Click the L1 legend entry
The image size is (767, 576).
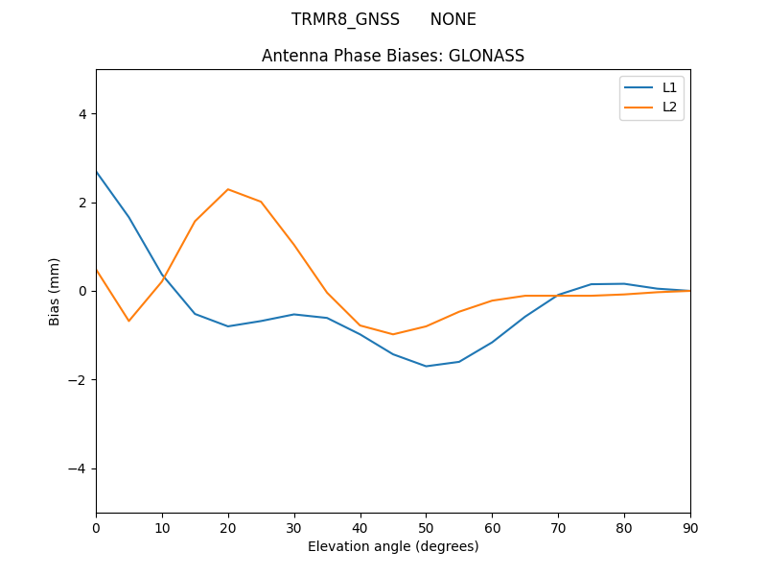[669, 87]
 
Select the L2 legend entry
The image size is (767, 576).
[669, 107]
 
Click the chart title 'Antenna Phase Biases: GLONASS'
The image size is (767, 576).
[393, 56]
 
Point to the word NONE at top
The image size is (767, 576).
[453, 19]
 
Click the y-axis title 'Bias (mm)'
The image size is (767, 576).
[55, 291]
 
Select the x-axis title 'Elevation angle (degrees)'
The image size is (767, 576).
[393, 546]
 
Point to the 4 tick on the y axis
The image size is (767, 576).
[81, 114]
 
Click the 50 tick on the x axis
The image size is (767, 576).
[426, 527]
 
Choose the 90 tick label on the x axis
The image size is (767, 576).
[690, 527]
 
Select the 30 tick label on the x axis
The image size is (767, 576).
[294, 527]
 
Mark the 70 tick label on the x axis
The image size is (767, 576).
[558, 527]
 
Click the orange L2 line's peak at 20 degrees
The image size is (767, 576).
[228, 189]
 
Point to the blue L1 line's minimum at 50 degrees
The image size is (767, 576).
[426, 366]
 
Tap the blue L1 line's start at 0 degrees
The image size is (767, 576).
[97, 172]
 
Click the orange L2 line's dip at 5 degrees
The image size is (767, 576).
[128, 321]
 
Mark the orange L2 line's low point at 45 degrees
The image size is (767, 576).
[393, 334]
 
